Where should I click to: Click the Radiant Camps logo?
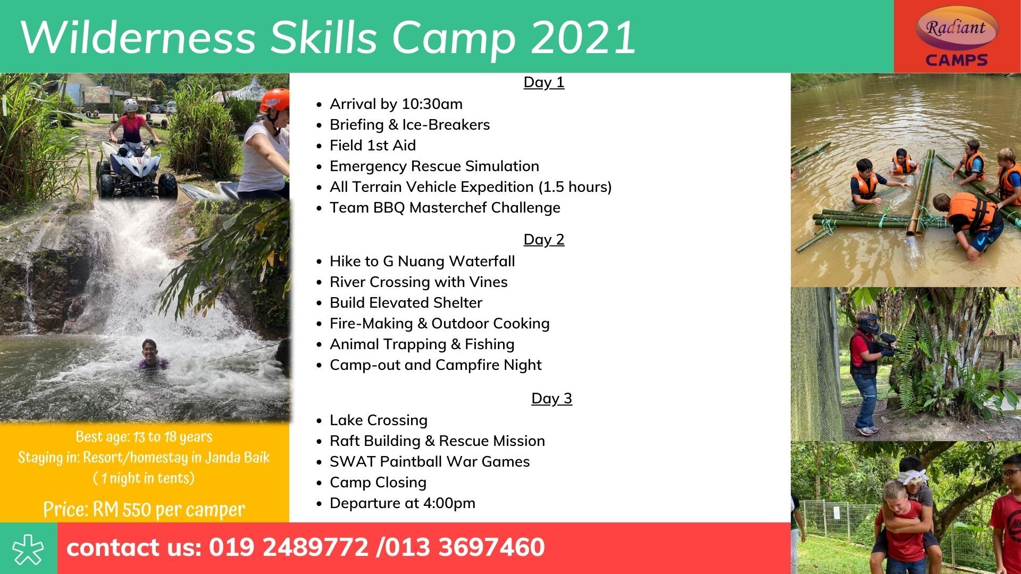point(957,37)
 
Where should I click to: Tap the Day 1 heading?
point(543,82)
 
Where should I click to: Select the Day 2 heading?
point(543,240)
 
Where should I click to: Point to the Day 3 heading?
point(551,399)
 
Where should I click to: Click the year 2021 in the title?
point(583,37)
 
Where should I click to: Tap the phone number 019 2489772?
point(288,547)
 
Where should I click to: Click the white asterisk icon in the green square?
point(28,548)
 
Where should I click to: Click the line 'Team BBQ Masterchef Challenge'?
point(445,208)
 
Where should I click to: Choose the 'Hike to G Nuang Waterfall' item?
point(422,261)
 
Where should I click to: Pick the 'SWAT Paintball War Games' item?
point(430,462)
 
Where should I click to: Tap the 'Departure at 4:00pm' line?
point(403,503)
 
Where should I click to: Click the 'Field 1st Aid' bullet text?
point(372,146)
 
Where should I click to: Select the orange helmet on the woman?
point(275,100)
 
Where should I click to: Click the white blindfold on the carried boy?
point(913,476)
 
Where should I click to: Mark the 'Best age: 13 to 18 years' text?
point(144,437)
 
